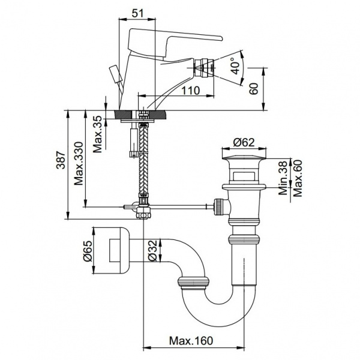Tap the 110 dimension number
(x=191, y=90)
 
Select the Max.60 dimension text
(x=297, y=177)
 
